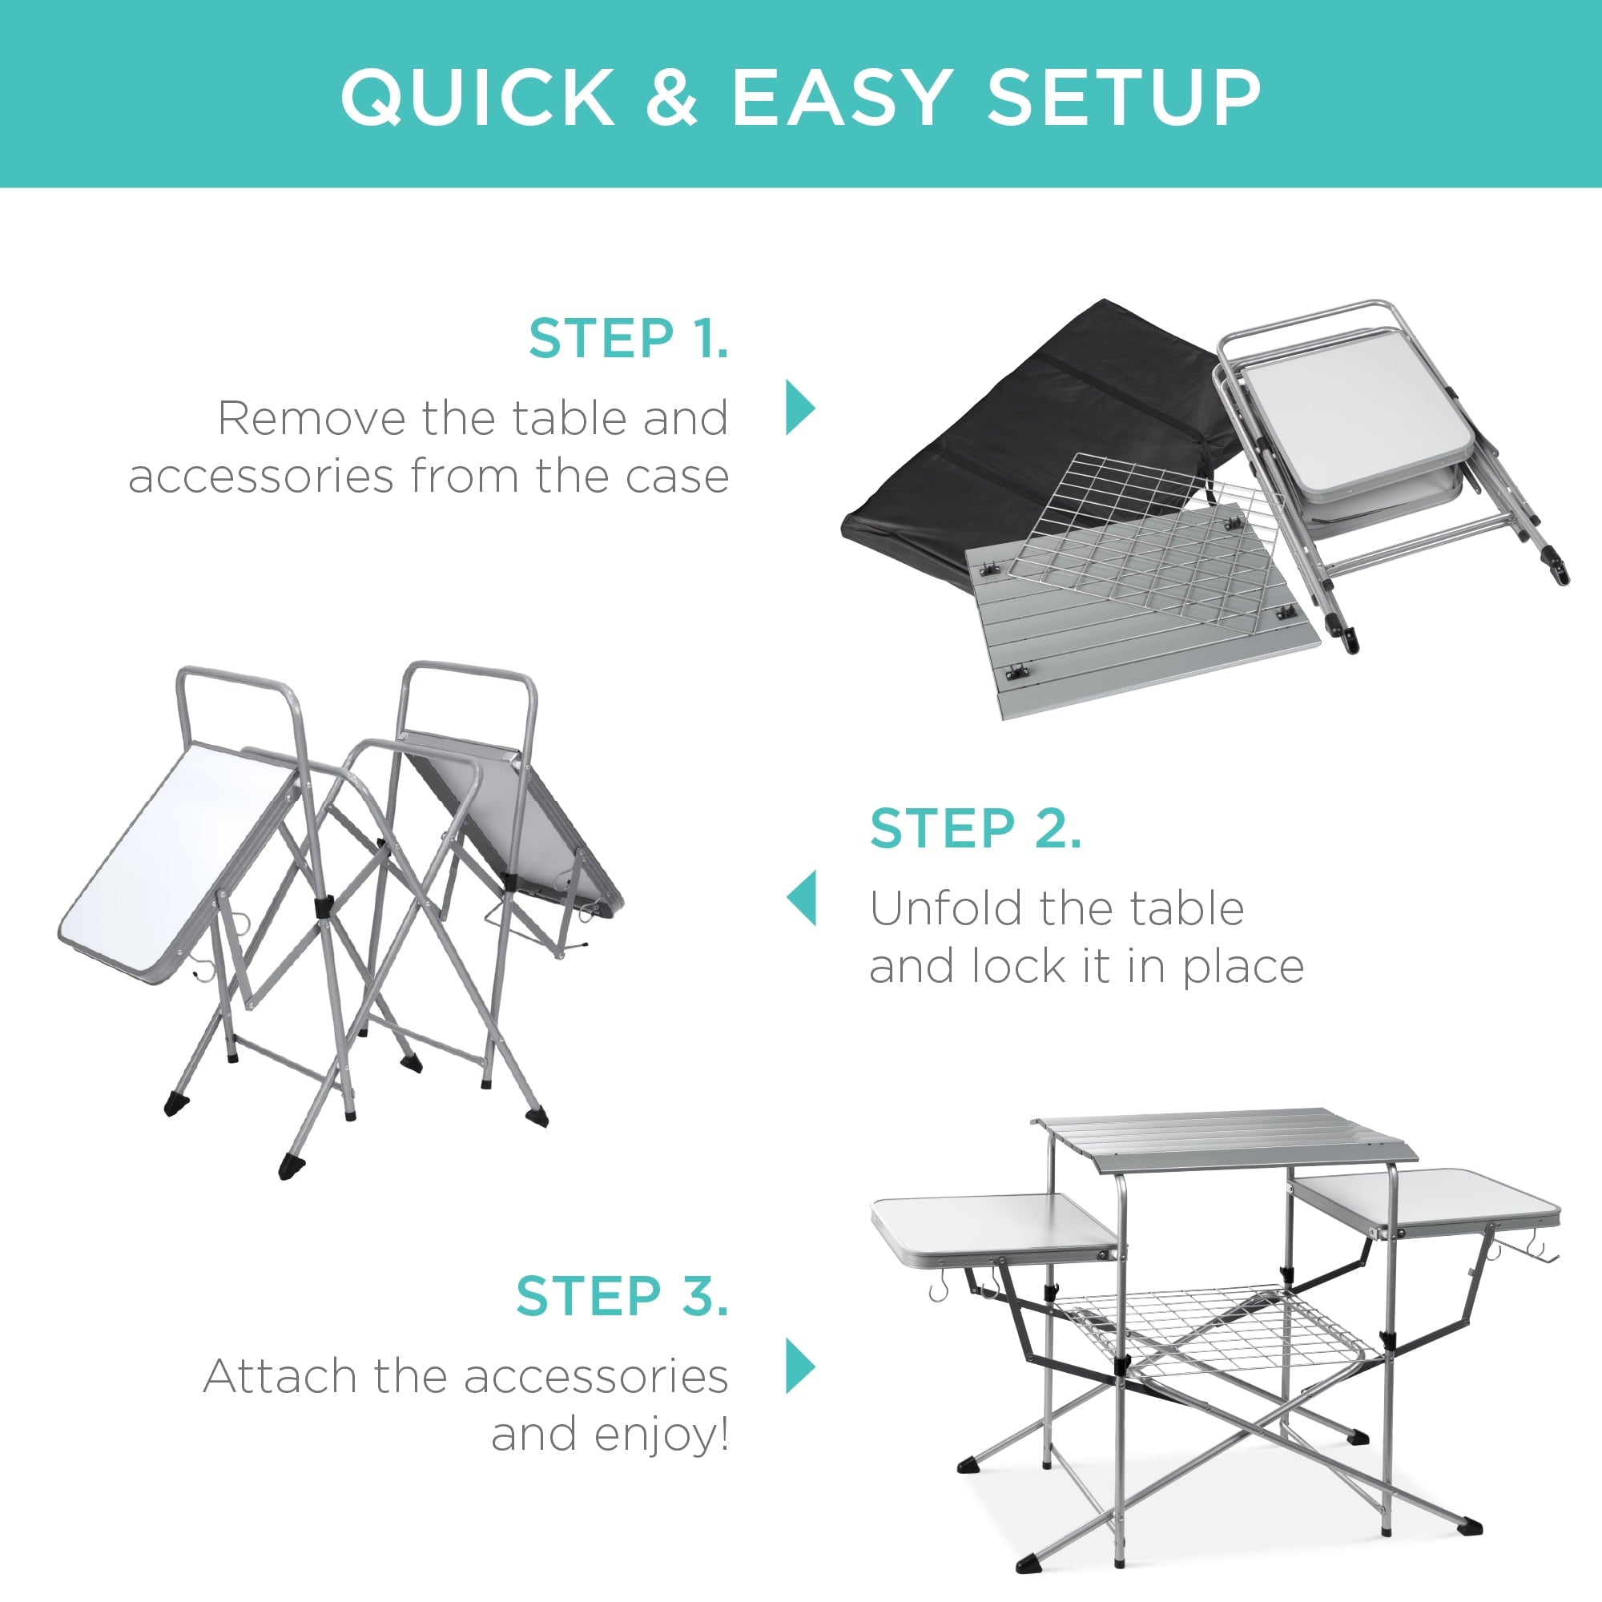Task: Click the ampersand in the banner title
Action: [x=672, y=97]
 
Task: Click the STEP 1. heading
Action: [x=629, y=339]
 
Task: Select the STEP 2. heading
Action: [x=975, y=828]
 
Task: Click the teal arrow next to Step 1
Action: [x=799, y=408]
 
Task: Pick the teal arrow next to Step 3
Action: [x=799, y=1366]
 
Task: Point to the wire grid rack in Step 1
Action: [x=1145, y=539]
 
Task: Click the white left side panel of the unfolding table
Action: [x=174, y=863]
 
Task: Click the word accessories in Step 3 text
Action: [x=595, y=1376]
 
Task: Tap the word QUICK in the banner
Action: [x=477, y=97]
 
